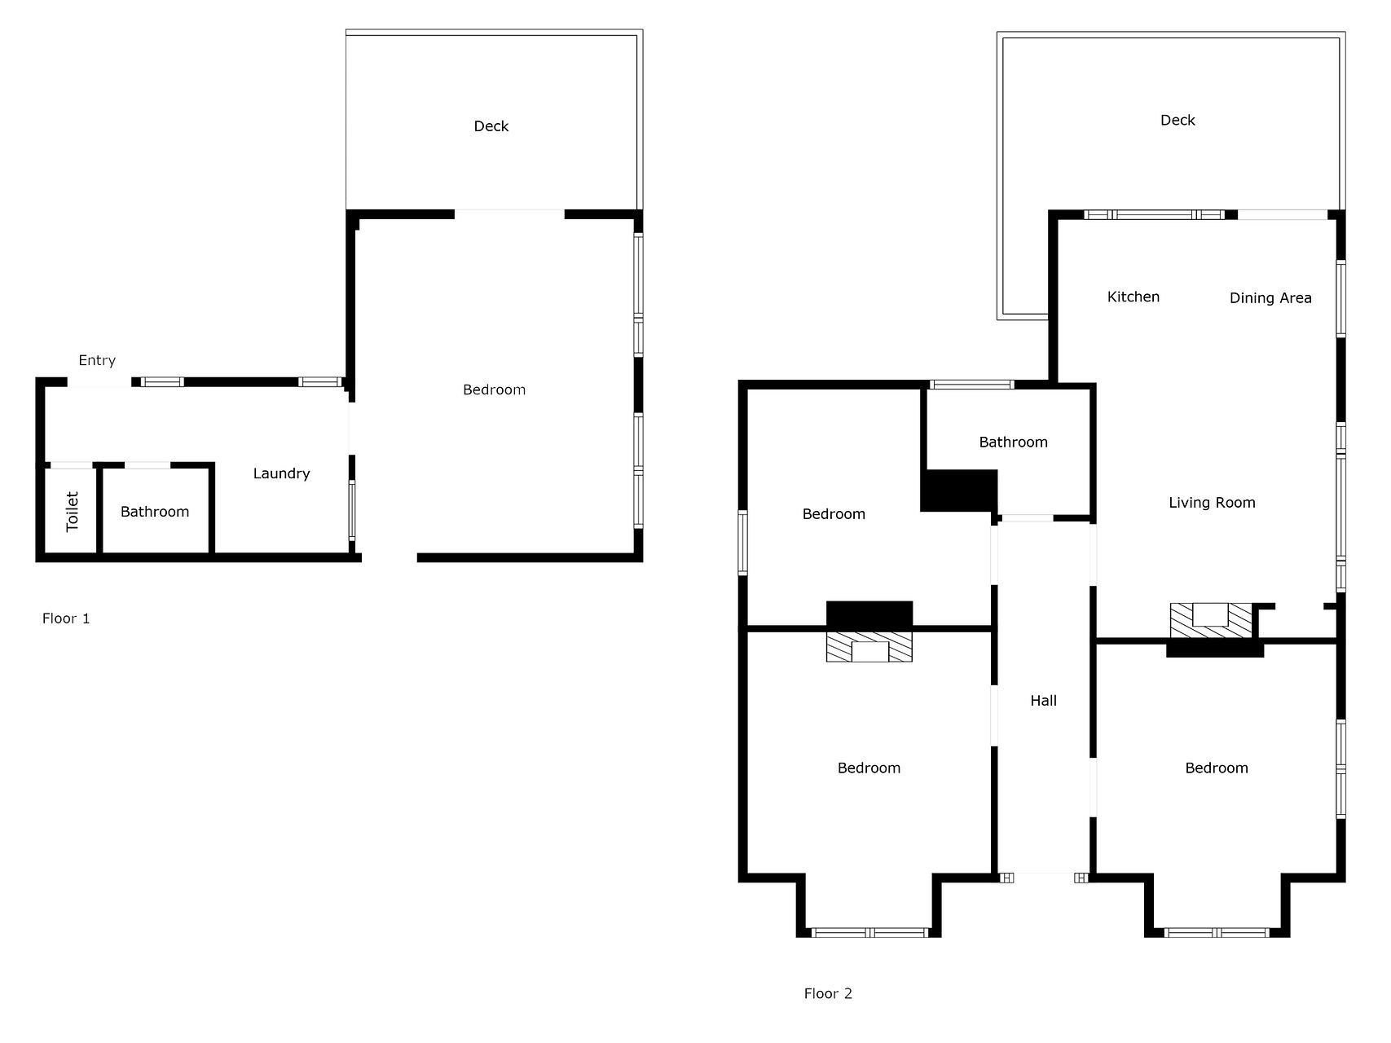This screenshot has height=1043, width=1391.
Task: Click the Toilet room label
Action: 72,511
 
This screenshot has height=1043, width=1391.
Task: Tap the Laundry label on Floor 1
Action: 281,473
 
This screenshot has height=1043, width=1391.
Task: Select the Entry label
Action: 97,360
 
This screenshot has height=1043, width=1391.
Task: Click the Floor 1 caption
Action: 66,618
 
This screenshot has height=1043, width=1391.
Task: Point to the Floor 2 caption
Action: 828,993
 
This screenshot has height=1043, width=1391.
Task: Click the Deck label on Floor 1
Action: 491,126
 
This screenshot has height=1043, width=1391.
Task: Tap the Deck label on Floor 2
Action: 1178,121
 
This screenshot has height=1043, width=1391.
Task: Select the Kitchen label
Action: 1133,297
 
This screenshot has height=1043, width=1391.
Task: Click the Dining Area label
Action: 1270,298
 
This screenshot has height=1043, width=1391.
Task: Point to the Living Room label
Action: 1212,503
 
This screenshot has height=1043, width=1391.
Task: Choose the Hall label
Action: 1044,701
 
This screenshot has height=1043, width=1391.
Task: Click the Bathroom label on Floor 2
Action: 1013,442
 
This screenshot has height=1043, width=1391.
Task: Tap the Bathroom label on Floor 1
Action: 155,512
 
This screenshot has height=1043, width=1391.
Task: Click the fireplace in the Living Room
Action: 1210,620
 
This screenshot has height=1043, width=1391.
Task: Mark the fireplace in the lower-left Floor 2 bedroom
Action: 869,646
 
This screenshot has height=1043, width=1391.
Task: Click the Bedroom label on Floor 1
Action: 494,389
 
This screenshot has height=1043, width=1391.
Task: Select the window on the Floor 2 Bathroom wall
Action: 972,385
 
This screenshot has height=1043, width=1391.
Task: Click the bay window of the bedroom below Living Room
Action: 1217,932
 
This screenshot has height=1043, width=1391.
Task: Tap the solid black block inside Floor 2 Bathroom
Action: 959,491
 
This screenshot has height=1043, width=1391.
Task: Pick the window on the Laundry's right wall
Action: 352,511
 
